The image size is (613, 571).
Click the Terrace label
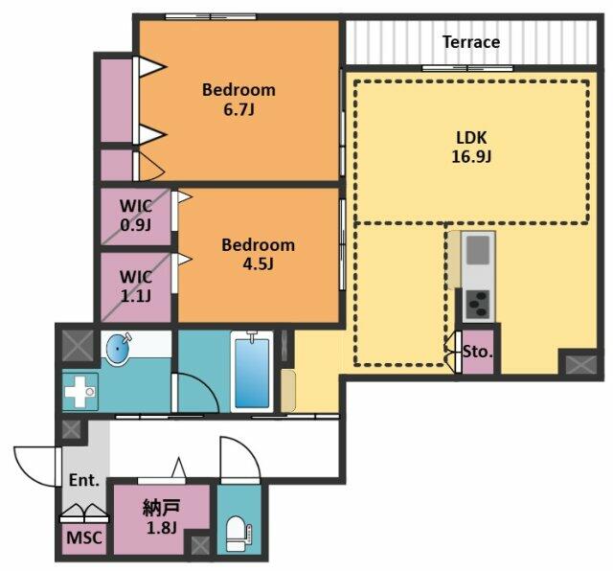tap(471, 42)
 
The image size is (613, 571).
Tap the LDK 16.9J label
tap(471, 148)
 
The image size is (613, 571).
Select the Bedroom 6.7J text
tap(238, 100)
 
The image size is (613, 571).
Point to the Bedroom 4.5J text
tap(258, 254)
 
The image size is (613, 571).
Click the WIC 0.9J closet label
tap(136, 216)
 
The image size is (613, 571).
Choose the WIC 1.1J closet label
tap(136, 286)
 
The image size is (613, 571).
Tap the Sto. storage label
tap(478, 352)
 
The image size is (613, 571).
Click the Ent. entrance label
tap(84, 480)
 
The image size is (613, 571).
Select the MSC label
tap(84, 537)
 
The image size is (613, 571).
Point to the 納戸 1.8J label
tap(162, 517)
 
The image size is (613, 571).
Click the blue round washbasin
tap(119, 348)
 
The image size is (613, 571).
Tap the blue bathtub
tap(252, 373)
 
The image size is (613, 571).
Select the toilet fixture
tap(238, 534)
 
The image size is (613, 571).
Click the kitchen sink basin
tap(478, 250)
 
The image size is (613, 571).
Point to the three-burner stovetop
tap(478, 305)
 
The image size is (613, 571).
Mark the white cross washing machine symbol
tap(79, 392)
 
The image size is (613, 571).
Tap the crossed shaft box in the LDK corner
tap(581, 364)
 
